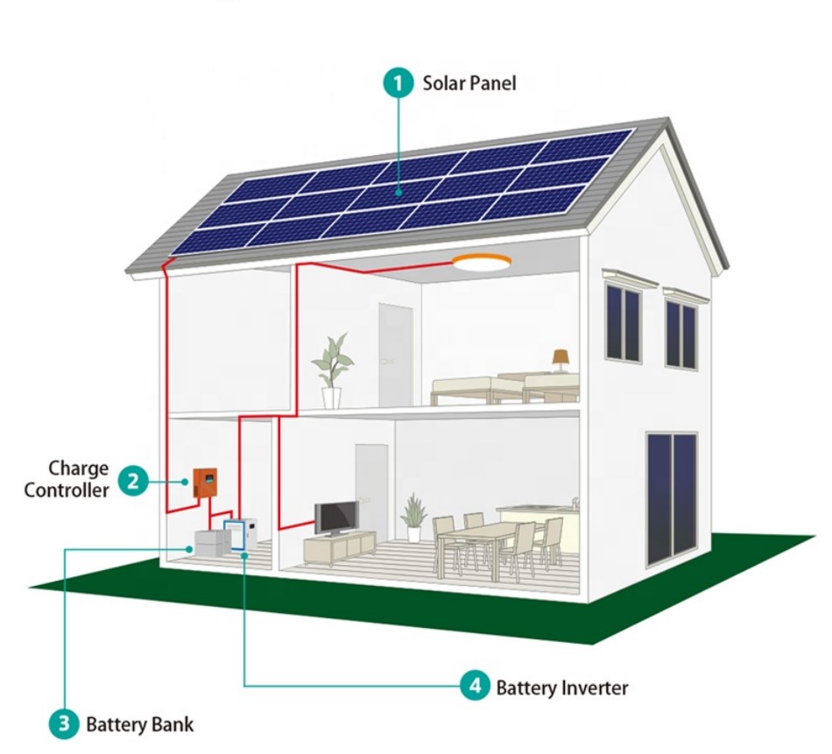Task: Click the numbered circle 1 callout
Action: (399, 84)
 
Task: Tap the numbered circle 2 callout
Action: (133, 479)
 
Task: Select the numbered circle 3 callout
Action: (63, 724)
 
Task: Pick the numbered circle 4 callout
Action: (474, 687)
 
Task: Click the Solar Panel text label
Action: (469, 84)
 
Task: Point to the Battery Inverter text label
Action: (561, 687)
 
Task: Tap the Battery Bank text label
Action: (139, 724)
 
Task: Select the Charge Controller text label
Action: (67, 479)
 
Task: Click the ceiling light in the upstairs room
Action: (481, 262)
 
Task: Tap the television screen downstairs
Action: (336, 517)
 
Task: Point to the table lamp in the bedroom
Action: (561, 358)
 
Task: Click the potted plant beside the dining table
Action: (413, 516)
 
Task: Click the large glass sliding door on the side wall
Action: (672, 497)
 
